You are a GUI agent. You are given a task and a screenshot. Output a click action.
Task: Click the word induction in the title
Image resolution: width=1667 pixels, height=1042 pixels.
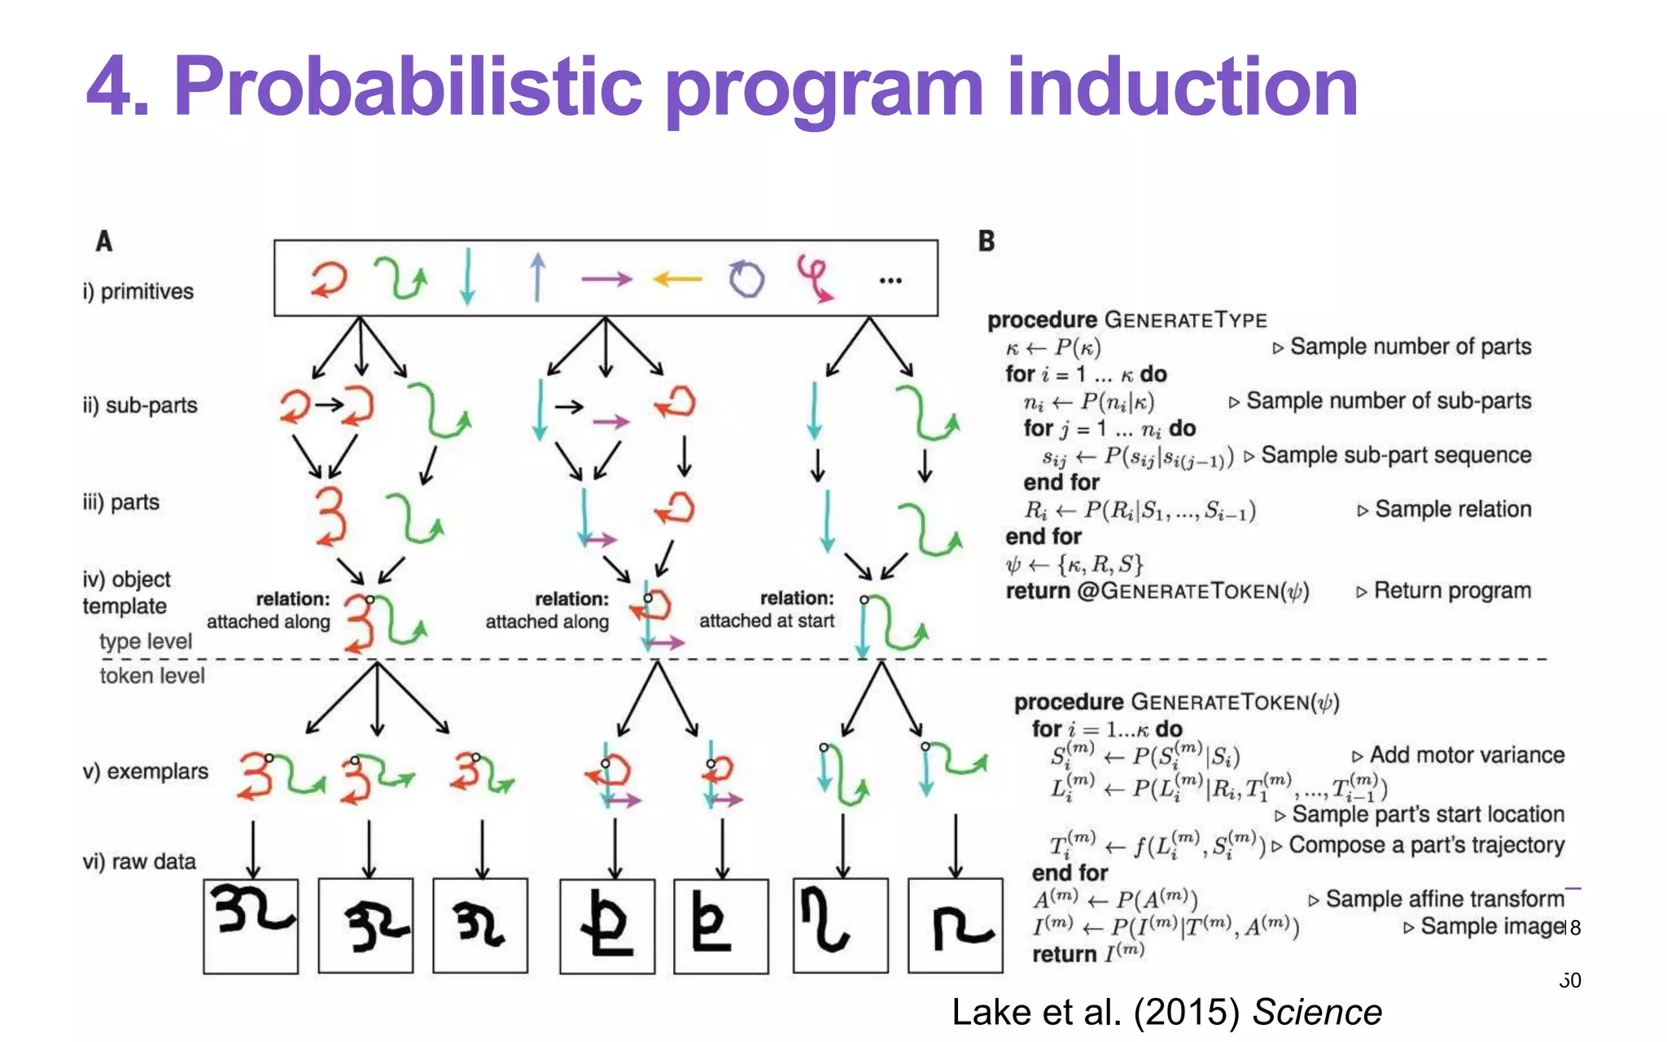pos(1182,88)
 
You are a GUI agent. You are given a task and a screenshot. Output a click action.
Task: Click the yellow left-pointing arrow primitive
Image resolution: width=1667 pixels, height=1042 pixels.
pos(677,279)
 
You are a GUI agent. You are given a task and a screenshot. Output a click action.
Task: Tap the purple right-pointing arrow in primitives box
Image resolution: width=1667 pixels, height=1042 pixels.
pos(606,279)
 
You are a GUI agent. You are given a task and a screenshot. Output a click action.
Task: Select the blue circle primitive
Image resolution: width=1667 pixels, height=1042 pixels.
pos(746,279)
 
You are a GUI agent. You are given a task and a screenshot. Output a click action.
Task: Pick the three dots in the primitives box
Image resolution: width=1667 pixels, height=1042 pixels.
pos(890,281)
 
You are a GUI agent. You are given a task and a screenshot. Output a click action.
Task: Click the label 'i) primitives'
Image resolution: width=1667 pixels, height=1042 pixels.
pos(138,291)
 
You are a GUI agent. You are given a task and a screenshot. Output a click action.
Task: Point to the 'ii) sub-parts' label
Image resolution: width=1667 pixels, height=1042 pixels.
pos(140,405)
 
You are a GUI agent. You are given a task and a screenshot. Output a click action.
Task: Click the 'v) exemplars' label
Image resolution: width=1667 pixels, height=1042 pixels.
pos(146,771)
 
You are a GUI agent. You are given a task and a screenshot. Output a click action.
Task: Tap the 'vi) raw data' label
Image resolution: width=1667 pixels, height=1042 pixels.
pos(139,861)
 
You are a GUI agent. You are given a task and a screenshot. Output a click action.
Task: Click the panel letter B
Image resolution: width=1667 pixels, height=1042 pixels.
pos(986,241)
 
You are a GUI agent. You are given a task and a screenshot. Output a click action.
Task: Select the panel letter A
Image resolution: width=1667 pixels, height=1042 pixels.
pos(104,241)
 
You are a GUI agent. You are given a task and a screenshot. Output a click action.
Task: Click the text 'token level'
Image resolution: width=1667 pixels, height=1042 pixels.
pos(152,676)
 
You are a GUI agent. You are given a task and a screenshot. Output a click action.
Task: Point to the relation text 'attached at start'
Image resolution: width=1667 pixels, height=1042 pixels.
pos(766,621)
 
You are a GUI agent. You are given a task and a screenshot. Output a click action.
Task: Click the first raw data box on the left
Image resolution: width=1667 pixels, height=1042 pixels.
pos(251,926)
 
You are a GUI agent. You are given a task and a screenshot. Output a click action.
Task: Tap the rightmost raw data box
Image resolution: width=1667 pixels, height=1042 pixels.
pos(955,926)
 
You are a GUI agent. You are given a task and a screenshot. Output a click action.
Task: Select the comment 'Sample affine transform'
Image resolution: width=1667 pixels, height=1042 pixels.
pos(1445,899)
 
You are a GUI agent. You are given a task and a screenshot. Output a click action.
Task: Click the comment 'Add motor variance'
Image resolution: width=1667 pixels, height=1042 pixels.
pos(1467,755)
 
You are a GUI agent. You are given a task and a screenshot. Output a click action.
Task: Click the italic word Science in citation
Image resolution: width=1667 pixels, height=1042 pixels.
pos(1316,1013)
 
